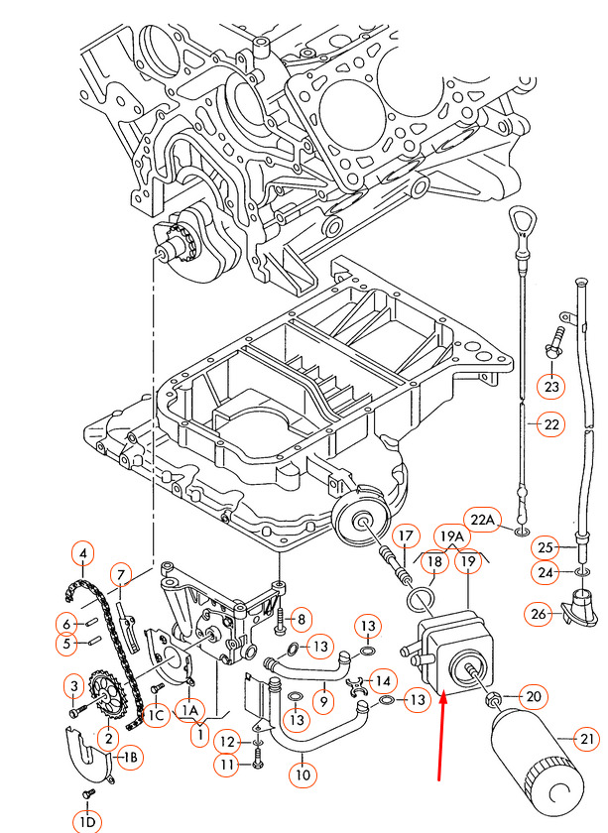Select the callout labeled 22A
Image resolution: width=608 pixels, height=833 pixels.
coord(482,519)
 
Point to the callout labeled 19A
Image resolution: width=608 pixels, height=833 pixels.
coord(451,536)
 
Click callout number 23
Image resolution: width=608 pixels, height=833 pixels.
coord(551,384)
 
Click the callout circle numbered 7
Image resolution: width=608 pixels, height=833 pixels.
coord(120,574)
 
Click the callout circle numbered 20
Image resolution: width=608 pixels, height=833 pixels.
coord(534,696)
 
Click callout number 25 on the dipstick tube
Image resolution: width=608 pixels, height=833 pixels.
coord(544,546)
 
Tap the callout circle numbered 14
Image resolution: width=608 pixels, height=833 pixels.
coord(381,679)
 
